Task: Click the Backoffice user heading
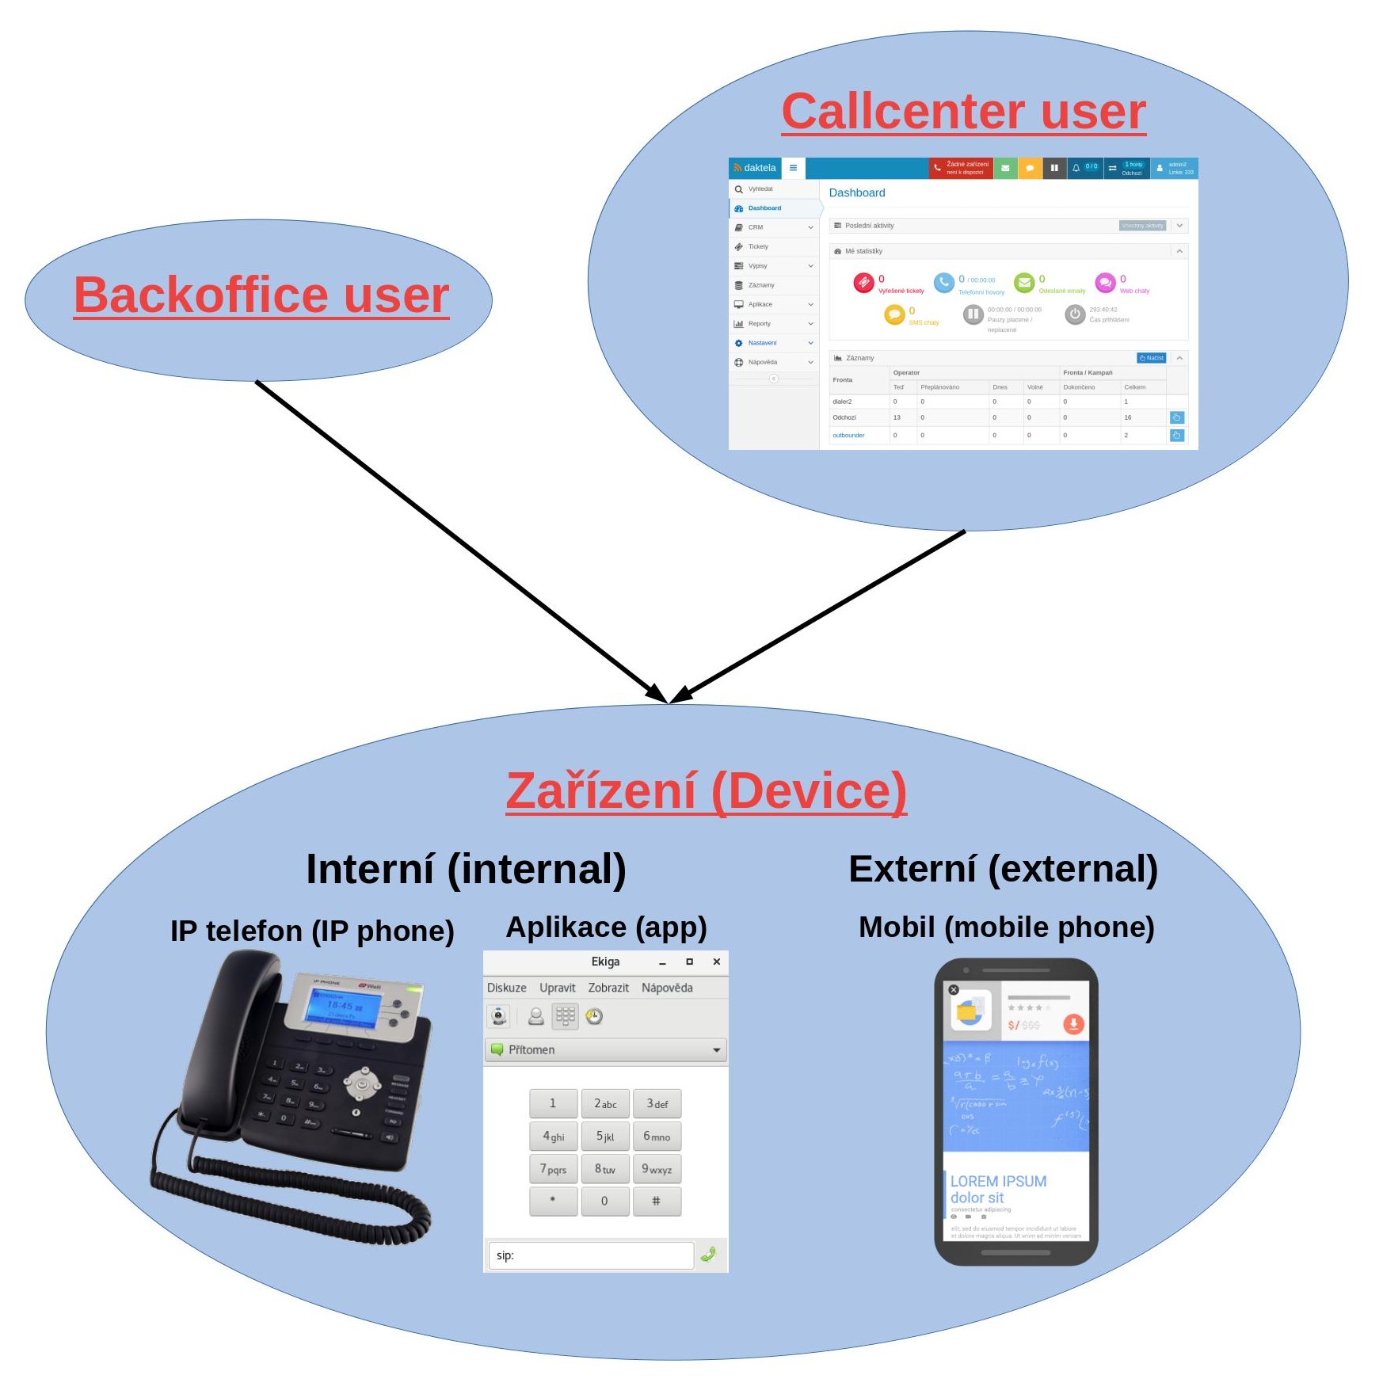pos(261,295)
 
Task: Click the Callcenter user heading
pos(963,111)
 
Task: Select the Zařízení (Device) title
pos(706,790)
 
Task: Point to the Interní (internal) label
pos(466,869)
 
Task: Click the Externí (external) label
pos(1003,869)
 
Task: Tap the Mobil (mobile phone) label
pos(1006,927)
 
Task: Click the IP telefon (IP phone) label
pos(312,931)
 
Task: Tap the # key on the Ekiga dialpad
pos(656,1201)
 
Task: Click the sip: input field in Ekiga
pos(590,1255)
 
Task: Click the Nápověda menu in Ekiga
pos(667,988)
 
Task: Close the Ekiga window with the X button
pos(716,962)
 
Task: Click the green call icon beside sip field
pos(709,1254)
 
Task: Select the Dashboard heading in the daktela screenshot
pos(856,192)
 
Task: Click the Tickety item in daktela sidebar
pos(758,246)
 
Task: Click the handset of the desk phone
pos(230,1030)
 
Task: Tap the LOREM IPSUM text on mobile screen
pos(998,1181)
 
